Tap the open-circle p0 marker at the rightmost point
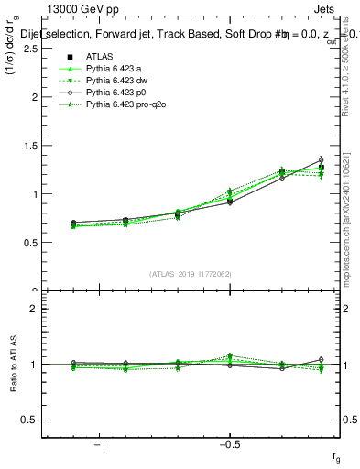(321, 160)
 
